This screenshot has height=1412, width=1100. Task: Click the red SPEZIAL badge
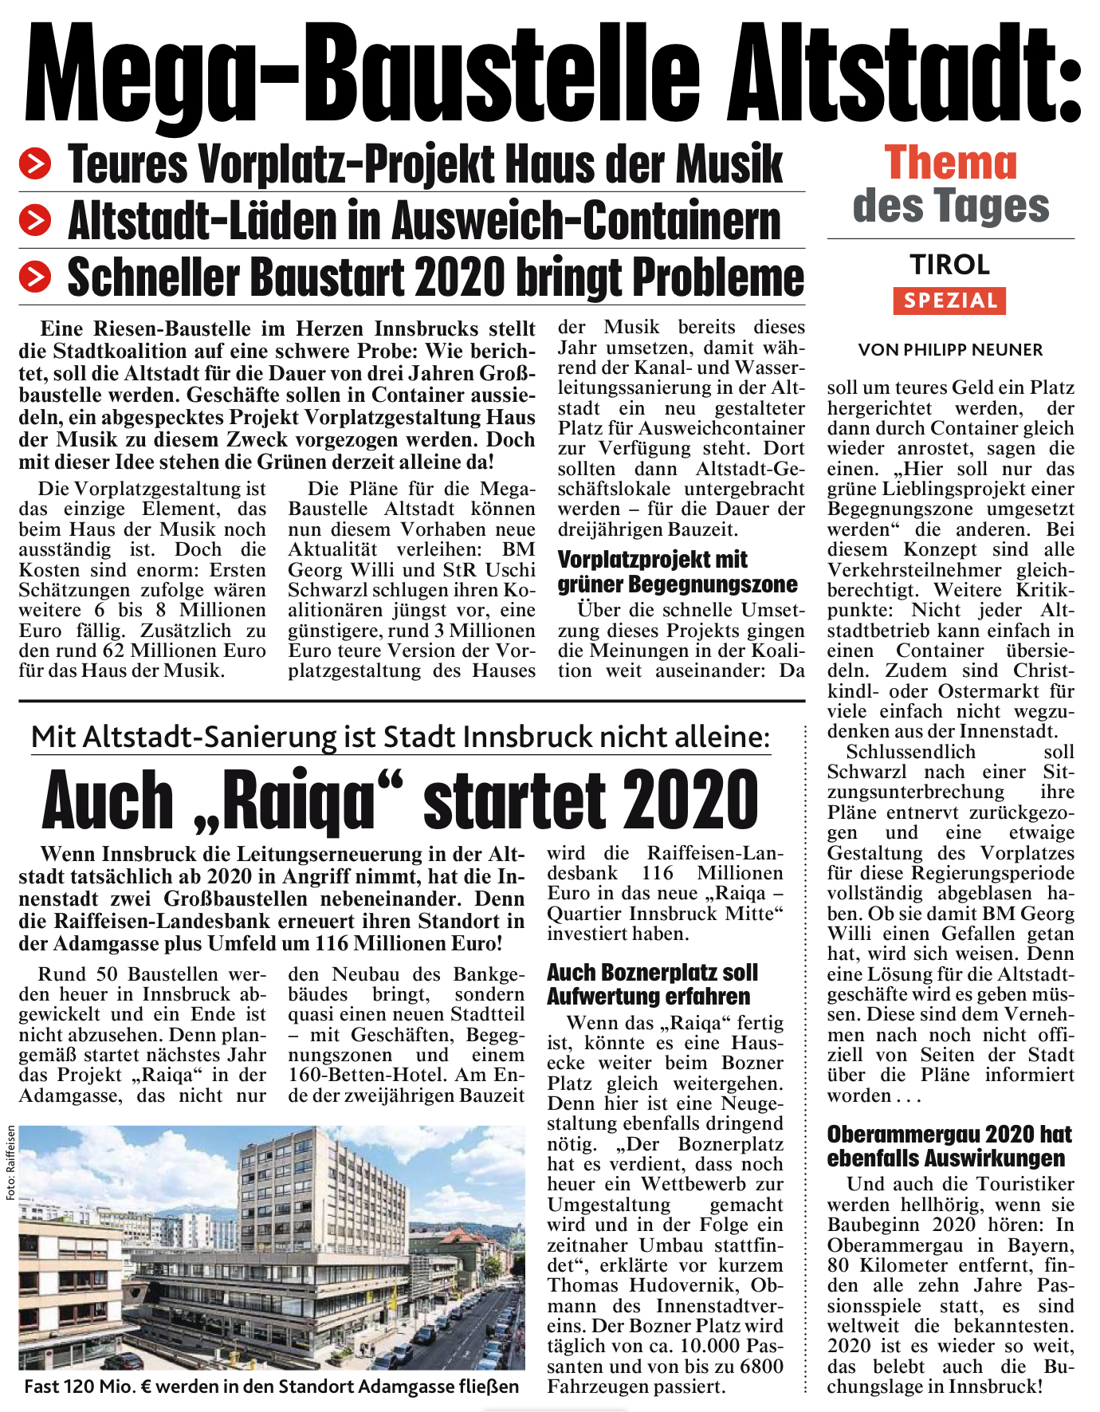tap(949, 301)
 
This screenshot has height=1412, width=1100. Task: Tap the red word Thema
tap(950, 163)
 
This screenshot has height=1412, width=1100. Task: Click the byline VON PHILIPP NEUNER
tap(950, 349)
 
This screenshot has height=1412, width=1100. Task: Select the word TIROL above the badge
tap(950, 265)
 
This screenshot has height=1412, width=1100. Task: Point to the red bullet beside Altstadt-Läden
tap(35, 221)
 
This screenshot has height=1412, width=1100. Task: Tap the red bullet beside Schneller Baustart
tap(35, 277)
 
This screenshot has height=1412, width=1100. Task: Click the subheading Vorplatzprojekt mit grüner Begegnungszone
tap(677, 572)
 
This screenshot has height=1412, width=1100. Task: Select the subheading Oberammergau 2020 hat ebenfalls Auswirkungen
tap(949, 1146)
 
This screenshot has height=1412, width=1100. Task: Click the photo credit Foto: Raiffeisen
tap(10, 1162)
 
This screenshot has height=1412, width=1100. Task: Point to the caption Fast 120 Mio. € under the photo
tap(271, 1386)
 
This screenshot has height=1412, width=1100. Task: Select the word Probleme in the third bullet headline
tap(717, 277)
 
